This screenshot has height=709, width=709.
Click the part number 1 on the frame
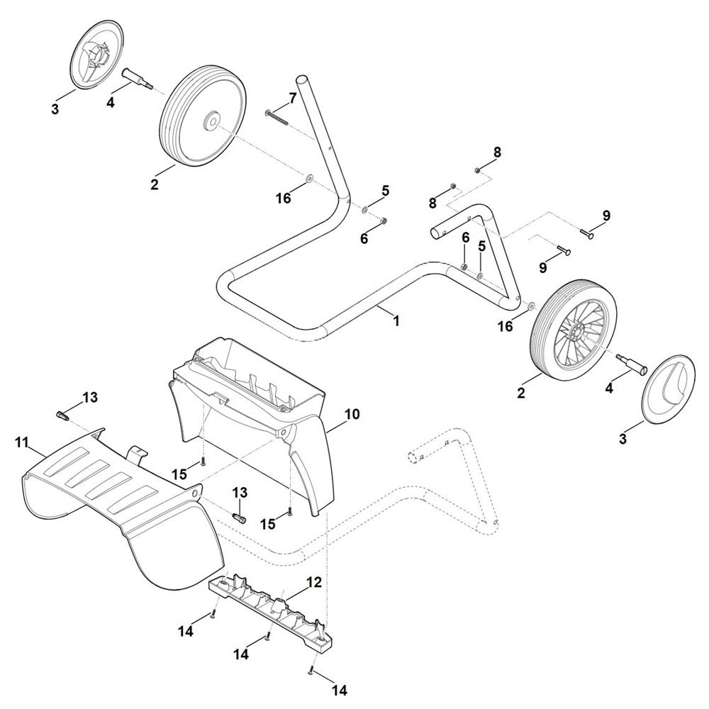tap(396, 320)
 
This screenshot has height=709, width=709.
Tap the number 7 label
tap(292, 97)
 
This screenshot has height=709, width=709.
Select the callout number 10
tap(352, 413)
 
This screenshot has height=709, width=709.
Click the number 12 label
tap(313, 583)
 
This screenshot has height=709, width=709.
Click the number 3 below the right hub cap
tap(623, 439)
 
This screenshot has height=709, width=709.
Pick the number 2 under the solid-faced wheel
tap(154, 185)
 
